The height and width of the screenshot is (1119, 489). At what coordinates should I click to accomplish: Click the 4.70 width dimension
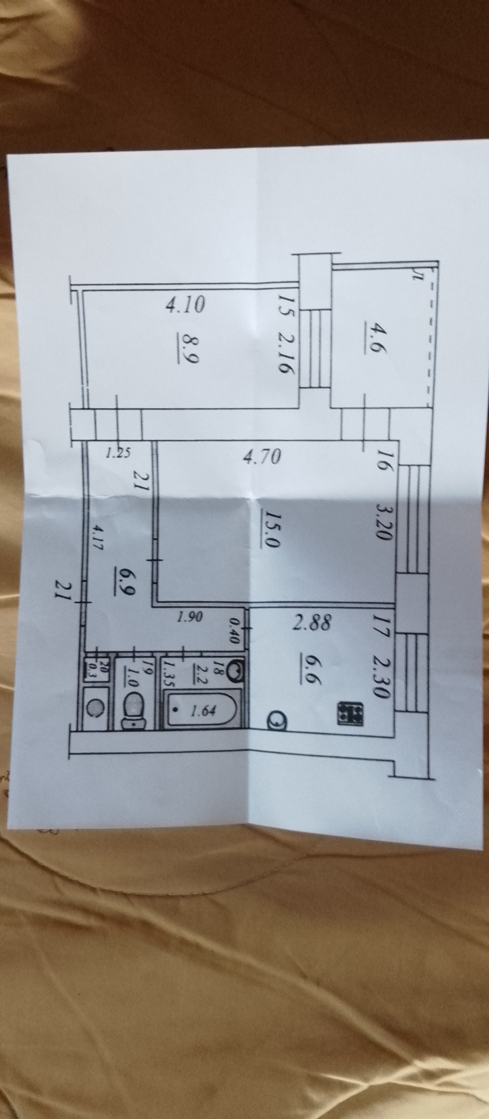click(x=261, y=456)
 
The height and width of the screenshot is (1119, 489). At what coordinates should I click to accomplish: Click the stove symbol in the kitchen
click(x=351, y=712)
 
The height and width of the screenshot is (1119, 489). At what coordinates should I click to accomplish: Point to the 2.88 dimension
click(x=312, y=623)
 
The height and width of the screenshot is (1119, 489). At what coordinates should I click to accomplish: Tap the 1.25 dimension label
click(x=119, y=453)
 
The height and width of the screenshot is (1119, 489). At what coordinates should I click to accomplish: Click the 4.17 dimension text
click(x=100, y=539)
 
